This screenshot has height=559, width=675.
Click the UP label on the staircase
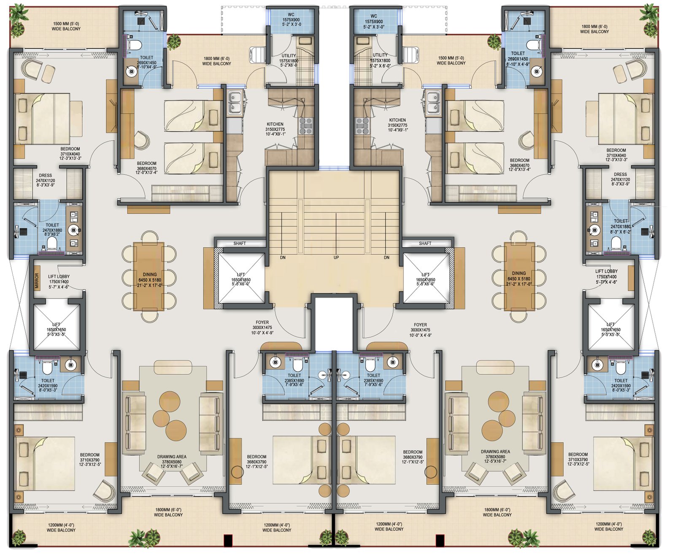(336, 258)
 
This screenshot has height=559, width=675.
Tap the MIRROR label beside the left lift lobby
(37, 281)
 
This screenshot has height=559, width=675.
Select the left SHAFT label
(240, 244)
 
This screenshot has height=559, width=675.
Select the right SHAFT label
(425, 244)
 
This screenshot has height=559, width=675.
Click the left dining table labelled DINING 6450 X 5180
(149, 277)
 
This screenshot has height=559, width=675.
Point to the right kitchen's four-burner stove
(362, 126)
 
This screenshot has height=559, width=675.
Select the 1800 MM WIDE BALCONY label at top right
(594, 29)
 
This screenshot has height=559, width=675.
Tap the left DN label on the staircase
(283, 258)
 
